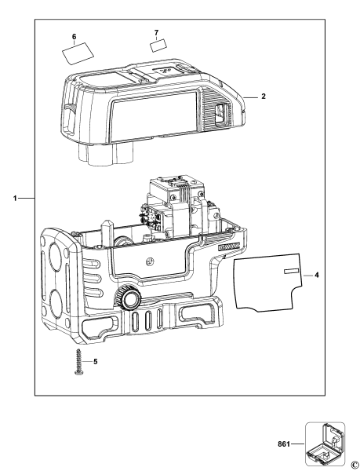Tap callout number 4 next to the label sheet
(x=317, y=275)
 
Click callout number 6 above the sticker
(x=74, y=36)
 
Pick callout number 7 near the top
(x=156, y=33)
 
